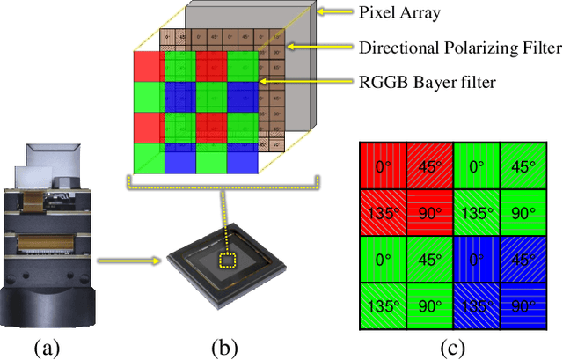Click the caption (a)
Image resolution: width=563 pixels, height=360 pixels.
pyautogui.click(x=48, y=348)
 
